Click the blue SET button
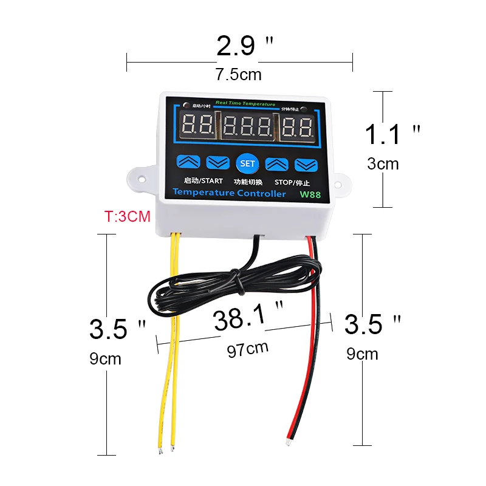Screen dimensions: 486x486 coord(247,163)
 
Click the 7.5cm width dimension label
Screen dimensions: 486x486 coord(238,75)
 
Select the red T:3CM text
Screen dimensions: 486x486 coord(128,216)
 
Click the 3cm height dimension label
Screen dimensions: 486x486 coord(383,163)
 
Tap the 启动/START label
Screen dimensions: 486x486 coord(203,180)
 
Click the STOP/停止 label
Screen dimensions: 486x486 coord(292,182)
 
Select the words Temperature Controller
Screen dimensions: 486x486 coord(229,193)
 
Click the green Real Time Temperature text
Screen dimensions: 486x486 coord(245,104)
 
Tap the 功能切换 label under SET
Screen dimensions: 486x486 coord(248,181)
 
